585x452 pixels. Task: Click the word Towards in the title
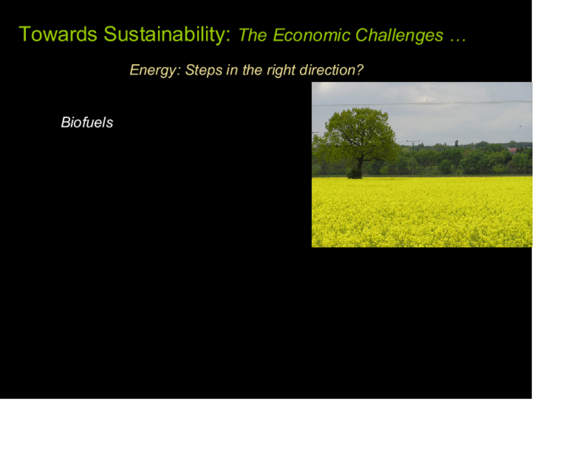click(58, 34)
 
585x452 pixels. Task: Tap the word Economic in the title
click(311, 35)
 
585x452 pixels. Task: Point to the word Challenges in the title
click(399, 35)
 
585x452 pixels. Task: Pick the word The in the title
click(253, 35)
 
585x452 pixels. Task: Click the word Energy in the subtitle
click(153, 71)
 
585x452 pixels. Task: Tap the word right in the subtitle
click(281, 71)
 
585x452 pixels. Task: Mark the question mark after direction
click(359, 70)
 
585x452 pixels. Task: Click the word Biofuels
click(87, 122)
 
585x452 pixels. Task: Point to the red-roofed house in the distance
click(513, 150)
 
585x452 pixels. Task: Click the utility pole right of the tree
click(413, 159)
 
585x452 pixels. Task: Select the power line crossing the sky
click(422, 104)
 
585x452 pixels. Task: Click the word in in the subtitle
click(232, 70)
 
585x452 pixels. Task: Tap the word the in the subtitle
click(252, 70)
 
